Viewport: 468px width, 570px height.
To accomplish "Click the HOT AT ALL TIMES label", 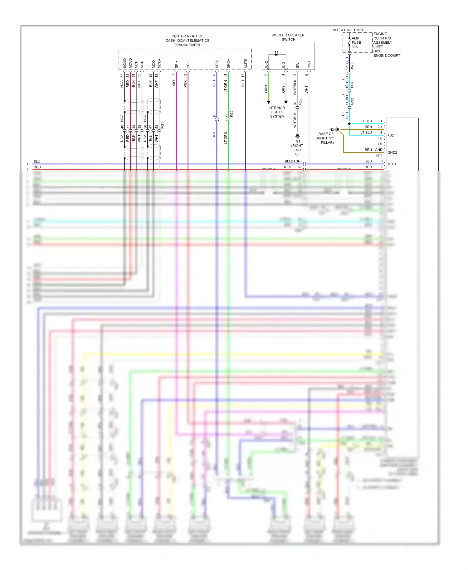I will pos(348,30).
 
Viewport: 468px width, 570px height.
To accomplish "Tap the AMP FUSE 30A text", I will pos(356,43).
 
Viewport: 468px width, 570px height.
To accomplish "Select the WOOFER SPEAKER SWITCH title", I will pos(288,37).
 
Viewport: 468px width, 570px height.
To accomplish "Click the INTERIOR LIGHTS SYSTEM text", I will pos(277,112).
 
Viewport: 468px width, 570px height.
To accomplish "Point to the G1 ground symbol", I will pos(297,136).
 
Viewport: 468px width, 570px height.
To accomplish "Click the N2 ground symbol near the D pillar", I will pos(337,129).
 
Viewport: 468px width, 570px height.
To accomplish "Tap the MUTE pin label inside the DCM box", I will pos(246,63).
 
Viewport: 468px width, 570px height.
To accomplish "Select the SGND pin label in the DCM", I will pos(125,63).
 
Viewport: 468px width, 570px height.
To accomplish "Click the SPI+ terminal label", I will pos(177,65).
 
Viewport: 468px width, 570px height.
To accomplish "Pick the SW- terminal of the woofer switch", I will pos(297,65).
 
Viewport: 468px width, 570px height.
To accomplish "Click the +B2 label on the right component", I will pos(391,135).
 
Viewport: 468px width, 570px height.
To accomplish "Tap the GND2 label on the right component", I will pos(392,152).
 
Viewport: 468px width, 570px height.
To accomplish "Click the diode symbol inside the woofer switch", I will pos(276,55).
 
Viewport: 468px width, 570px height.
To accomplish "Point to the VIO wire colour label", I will pos(174,83).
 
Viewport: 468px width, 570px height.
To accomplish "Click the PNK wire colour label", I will pos(185,84).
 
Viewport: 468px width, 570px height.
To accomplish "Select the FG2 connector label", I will pos(232,114).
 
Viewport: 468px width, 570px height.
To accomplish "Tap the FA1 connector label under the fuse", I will pos(353,66).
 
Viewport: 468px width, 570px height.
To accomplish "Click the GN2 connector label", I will pos(352,101).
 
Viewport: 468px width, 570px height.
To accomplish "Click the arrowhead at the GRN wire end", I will pos(269,102).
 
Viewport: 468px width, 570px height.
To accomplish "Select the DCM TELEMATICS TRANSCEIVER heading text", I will pos(187,41).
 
